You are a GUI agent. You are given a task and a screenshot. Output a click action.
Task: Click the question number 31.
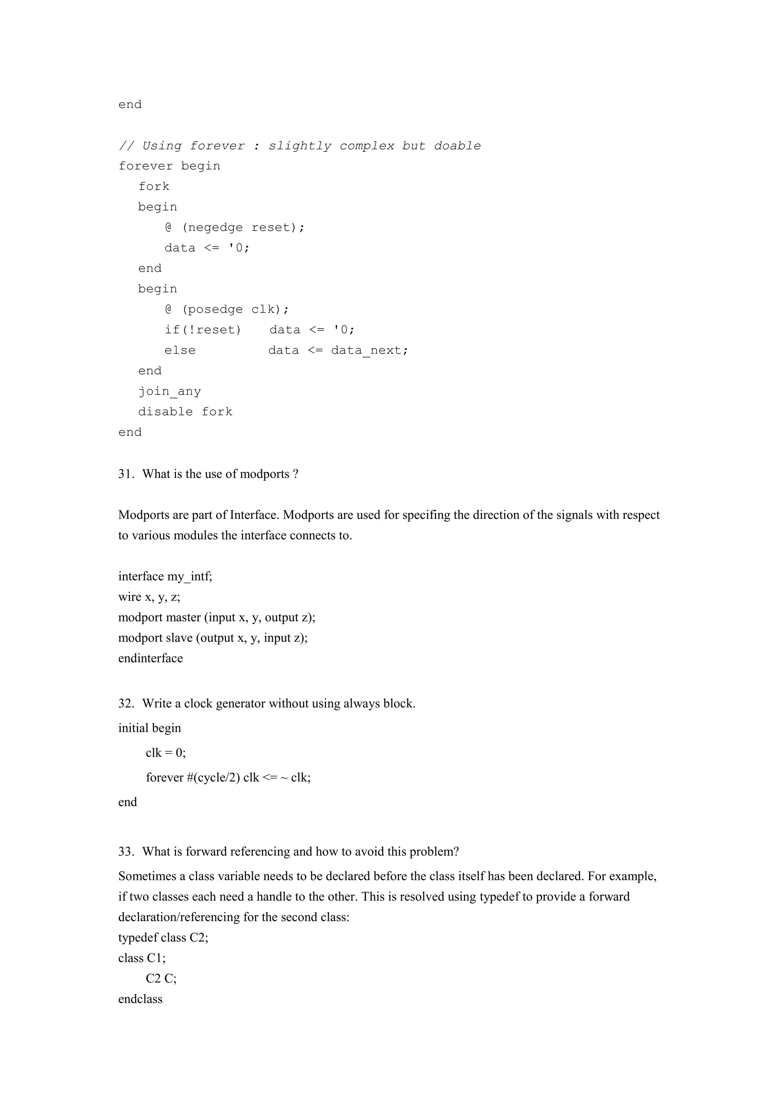pos(126,474)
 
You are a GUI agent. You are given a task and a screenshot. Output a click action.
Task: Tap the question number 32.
pos(126,704)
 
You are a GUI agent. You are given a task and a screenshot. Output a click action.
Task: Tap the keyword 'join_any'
pos(170,391)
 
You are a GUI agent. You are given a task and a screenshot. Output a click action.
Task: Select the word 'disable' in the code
pos(165,412)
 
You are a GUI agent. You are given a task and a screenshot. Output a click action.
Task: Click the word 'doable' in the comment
pos(457,146)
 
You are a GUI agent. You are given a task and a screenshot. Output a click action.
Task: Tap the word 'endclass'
pos(140,999)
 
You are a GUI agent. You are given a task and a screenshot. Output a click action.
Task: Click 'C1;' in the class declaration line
pos(157,958)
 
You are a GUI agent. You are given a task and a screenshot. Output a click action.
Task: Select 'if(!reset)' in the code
pos(202,330)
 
